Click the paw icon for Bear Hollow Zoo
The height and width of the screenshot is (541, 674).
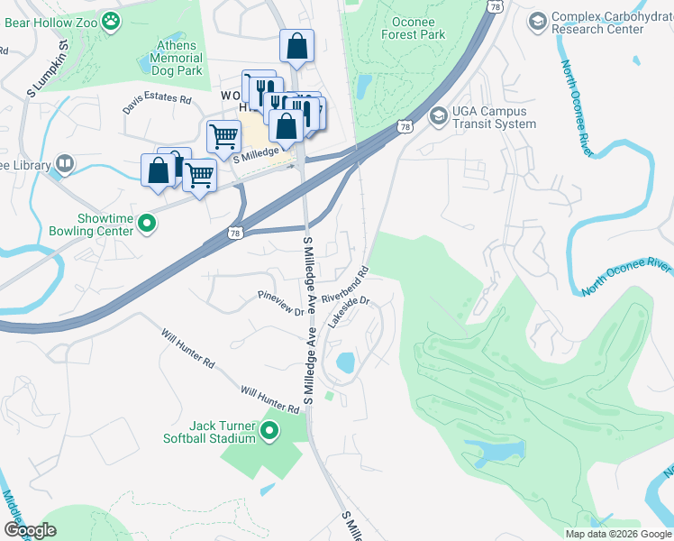(x=111, y=21)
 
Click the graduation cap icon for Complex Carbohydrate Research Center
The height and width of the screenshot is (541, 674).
(x=537, y=21)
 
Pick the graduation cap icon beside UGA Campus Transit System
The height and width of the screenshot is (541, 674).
(x=439, y=115)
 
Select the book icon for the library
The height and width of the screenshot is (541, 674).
(x=64, y=163)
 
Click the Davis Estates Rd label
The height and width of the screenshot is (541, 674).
(x=158, y=105)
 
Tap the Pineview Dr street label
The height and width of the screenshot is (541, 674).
(x=281, y=303)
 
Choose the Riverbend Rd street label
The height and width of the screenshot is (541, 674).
(x=346, y=284)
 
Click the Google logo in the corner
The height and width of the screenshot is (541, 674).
(x=31, y=529)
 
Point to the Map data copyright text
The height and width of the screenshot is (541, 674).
(x=617, y=534)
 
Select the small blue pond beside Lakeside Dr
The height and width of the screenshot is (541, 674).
(x=344, y=362)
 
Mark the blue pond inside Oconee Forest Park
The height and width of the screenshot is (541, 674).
(x=363, y=86)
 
